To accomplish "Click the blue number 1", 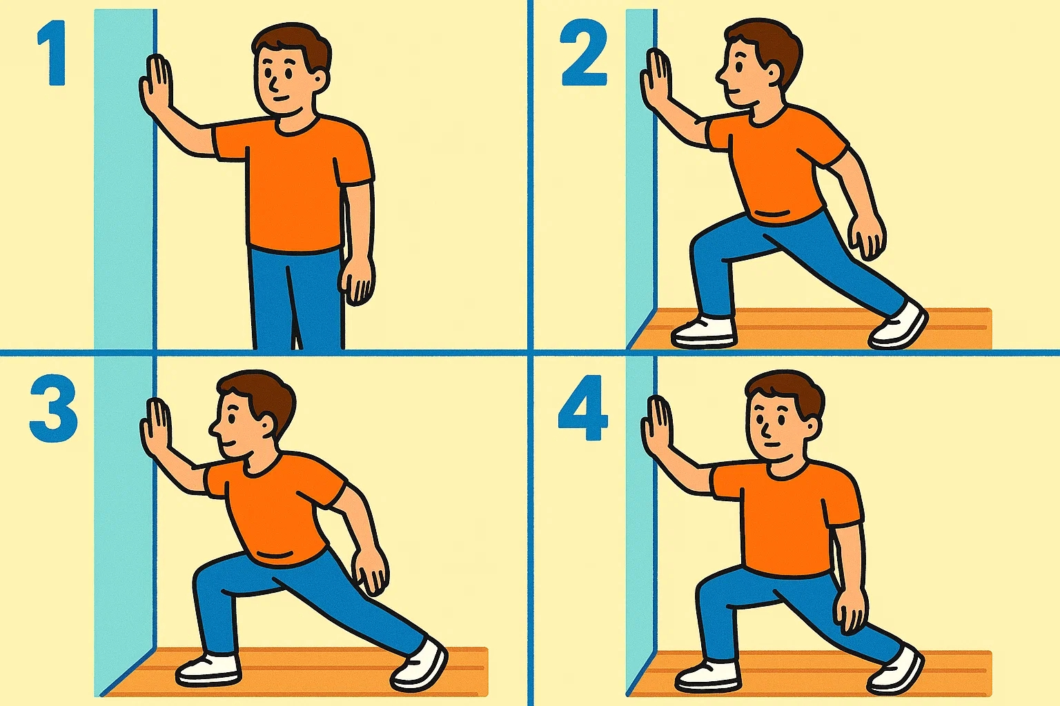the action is (51, 53).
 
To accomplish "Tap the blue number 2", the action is (583, 53).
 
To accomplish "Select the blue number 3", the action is (53, 407).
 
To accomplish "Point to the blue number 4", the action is (583, 407).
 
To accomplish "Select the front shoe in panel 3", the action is (208, 670).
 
